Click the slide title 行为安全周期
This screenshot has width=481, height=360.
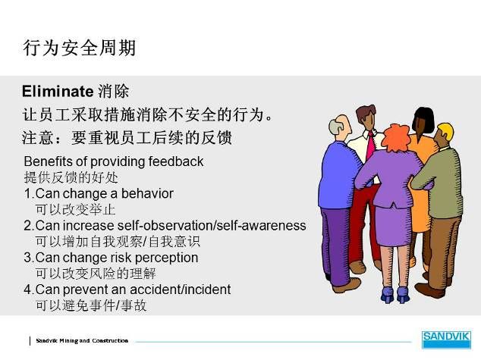[x=80, y=48]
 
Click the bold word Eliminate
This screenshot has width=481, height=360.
[x=58, y=91]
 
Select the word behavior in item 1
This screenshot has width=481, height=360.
[x=147, y=193]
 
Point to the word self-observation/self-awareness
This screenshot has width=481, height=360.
[x=212, y=226]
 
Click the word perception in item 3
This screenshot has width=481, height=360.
[x=167, y=258]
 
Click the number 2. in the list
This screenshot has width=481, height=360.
[x=29, y=226]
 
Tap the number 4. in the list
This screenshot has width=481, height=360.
[x=29, y=290]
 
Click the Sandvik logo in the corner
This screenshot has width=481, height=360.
[x=446, y=340]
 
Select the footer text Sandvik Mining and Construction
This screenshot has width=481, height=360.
[x=82, y=341]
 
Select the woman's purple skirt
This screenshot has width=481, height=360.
[x=394, y=225]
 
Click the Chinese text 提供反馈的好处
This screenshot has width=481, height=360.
[x=71, y=177]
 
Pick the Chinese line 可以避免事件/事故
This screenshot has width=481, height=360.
[x=91, y=305]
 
